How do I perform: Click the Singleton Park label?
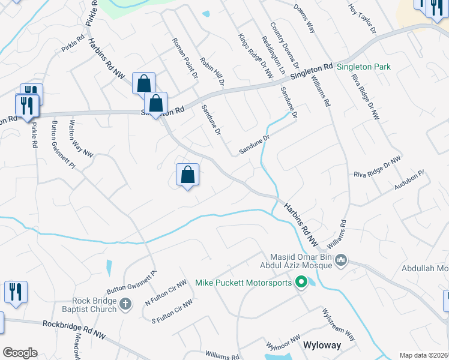pos(363,67)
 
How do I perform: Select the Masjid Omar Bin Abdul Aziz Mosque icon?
pos(341,260)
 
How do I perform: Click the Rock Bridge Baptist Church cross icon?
pos(125,304)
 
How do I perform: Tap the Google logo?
pos(19,353)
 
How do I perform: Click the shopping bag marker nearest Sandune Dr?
pos(187,175)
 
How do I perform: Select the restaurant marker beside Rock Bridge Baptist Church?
pos(15,292)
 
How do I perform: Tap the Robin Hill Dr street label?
pos(212,71)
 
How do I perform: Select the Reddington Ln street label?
pos(273,55)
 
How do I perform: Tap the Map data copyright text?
pos(423,355)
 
